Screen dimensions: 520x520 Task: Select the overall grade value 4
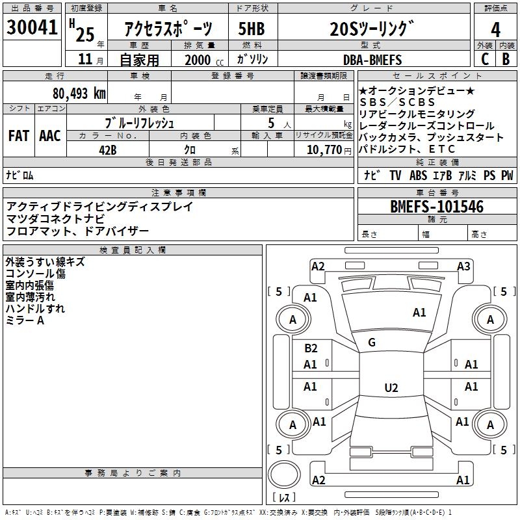coord(496,29)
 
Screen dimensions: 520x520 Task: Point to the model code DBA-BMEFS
coord(372,60)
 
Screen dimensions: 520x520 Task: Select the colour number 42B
coord(107,149)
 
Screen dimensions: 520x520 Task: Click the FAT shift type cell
coord(18,136)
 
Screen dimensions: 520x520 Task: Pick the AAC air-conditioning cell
coord(50,136)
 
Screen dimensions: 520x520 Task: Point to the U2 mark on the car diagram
coord(391,388)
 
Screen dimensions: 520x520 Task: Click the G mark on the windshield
coord(372,343)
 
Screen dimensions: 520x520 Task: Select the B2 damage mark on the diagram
coord(311,348)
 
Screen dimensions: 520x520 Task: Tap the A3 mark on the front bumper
coord(463,266)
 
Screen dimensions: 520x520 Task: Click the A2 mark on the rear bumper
coord(318,480)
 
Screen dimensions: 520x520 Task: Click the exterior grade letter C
coord(485,59)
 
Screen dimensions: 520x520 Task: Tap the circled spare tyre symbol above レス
coord(286,475)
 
